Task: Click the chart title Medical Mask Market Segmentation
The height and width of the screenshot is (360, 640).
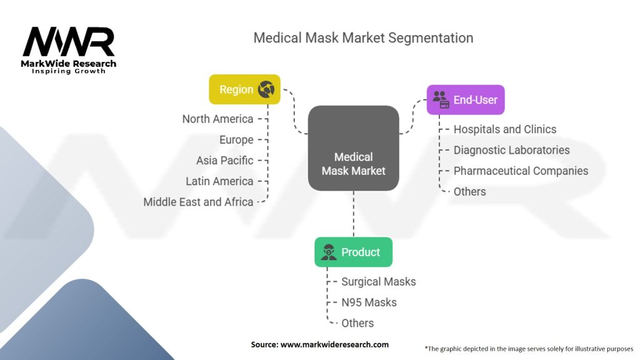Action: pyautogui.click(x=363, y=37)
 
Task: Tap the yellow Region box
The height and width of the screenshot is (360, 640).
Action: pyautogui.click(x=244, y=89)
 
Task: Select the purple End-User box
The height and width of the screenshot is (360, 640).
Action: pyautogui.click(x=465, y=99)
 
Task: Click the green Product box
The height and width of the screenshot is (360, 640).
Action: pyautogui.click(x=353, y=252)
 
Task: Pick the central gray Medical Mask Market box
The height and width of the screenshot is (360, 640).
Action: pyautogui.click(x=353, y=149)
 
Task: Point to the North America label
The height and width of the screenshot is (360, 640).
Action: pyautogui.click(x=217, y=119)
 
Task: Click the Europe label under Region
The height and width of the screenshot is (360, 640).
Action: pyautogui.click(x=236, y=139)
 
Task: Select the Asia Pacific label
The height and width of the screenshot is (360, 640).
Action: pyautogui.click(x=224, y=161)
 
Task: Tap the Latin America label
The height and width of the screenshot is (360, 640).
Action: pyautogui.click(x=219, y=181)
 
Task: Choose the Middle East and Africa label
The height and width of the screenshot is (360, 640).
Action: pyautogui.click(x=198, y=202)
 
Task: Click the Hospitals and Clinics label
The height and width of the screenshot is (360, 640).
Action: pyautogui.click(x=504, y=129)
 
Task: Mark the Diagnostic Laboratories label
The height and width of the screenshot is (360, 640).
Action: pyautogui.click(x=511, y=150)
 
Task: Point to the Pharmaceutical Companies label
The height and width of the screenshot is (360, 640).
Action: pyautogui.click(x=521, y=171)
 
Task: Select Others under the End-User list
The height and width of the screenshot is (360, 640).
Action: pyautogui.click(x=469, y=192)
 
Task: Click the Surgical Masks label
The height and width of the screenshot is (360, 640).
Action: pyautogui.click(x=378, y=282)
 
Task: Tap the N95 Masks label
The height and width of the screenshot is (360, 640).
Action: pyautogui.click(x=369, y=302)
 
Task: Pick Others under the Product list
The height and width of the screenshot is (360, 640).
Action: pyautogui.click(x=357, y=323)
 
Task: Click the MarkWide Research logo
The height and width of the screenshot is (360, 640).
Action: pyautogui.click(x=69, y=50)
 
